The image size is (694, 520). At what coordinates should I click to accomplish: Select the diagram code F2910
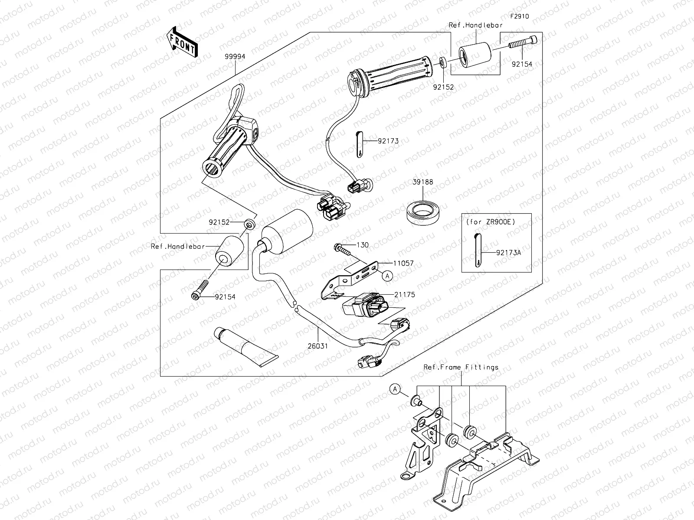pyautogui.click(x=519, y=16)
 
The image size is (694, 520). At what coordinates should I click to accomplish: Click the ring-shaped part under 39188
pyautogui.click(x=422, y=212)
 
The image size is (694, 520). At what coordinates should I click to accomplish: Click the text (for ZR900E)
pyautogui.click(x=490, y=221)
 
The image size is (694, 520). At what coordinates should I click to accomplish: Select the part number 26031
pyautogui.click(x=318, y=346)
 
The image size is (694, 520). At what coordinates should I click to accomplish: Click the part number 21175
pyautogui.click(x=404, y=294)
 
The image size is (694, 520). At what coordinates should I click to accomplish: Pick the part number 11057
pyautogui.click(x=403, y=263)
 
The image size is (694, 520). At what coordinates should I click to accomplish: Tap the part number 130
pyautogui.click(x=362, y=245)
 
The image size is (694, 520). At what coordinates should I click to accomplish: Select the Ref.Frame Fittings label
pyautogui.click(x=461, y=367)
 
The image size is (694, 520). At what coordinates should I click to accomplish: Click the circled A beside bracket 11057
pyautogui.click(x=387, y=274)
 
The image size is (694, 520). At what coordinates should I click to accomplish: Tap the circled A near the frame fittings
pyautogui.click(x=395, y=390)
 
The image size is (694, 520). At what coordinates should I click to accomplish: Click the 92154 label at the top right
pyautogui.click(x=521, y=64)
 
